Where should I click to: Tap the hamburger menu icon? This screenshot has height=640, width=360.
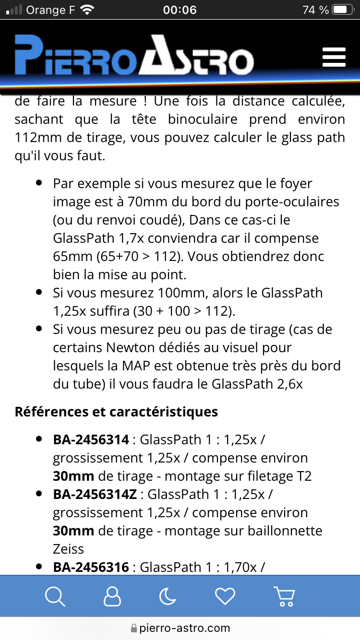click(334, 57)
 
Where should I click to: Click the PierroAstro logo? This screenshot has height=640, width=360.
click(134, 56)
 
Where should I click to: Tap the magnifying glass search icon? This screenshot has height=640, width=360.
click(55, 596)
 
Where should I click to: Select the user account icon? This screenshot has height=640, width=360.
click(112, 596)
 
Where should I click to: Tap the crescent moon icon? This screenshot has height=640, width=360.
click(168, 596)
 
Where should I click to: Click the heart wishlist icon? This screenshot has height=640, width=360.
click(225, 596)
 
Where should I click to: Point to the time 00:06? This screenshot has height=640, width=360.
click(180, 10)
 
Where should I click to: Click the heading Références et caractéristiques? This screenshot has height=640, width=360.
click(116, 412)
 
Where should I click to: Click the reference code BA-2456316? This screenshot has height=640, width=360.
click(91, 567)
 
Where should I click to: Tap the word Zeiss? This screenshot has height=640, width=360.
click(69, 549)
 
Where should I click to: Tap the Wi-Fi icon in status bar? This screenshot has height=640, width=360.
click(87, 10)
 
